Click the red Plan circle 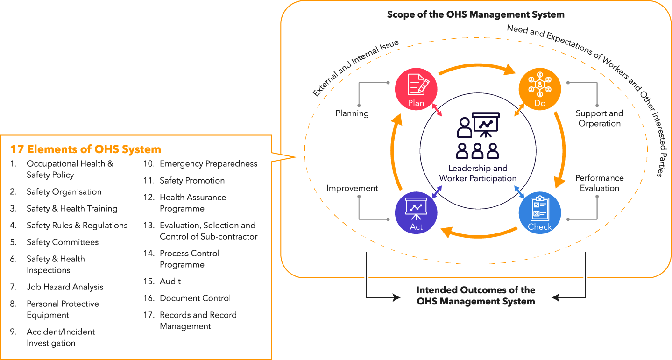416,89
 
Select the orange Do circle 540,89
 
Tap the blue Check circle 540,213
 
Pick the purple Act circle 416,213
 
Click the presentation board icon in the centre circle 486,124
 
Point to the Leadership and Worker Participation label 478,173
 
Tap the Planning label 352,113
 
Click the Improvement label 352,188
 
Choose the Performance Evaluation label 600,183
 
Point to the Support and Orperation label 600,119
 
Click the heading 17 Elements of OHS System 85,149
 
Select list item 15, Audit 170,282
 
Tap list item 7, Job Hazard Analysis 65,287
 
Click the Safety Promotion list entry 192,181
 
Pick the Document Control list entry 195,298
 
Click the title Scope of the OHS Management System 475,14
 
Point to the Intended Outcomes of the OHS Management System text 475,296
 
